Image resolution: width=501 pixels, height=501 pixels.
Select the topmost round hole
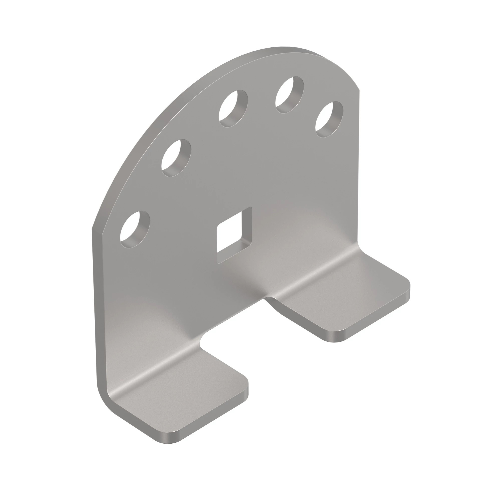[290, 95]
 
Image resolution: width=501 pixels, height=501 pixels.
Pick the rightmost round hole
[329, 119]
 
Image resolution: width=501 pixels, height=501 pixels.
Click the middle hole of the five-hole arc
[233, 108]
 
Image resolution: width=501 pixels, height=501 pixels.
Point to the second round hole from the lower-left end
[176, 158]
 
